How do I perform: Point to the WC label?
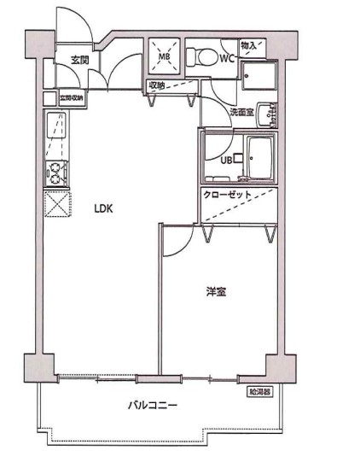click(x=226, y=58)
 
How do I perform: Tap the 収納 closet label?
click(x=158, y=85)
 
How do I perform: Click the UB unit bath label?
click(x=228, y=160)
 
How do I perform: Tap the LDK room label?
click(x=103, y=208)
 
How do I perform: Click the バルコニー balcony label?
click(x=153, y=406)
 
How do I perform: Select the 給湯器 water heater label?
click(x=259, y=392)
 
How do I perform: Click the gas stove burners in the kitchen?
click(x=56, y=173)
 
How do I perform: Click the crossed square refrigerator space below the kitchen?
click(x=56, y=205)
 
